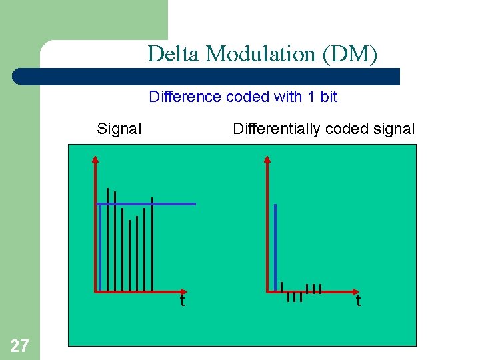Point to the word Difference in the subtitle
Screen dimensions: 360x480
(185, 97)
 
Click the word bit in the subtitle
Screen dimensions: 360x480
(329, 97)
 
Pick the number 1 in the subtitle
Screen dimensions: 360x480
(311, 97)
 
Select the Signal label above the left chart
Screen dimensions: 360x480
(119, 129)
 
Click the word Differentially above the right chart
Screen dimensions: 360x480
(274, 129)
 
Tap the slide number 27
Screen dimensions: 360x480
(19, 345)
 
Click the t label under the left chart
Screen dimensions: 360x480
(181, 301)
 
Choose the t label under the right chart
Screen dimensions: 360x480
(358, 301)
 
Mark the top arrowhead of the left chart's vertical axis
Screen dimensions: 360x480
(95, 159)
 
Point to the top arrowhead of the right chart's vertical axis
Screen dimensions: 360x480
(267, 159)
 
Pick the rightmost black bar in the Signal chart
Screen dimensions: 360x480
(153, 244)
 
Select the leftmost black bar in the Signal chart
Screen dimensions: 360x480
(107, 240)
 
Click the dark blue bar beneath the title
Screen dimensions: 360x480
(207, 76)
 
